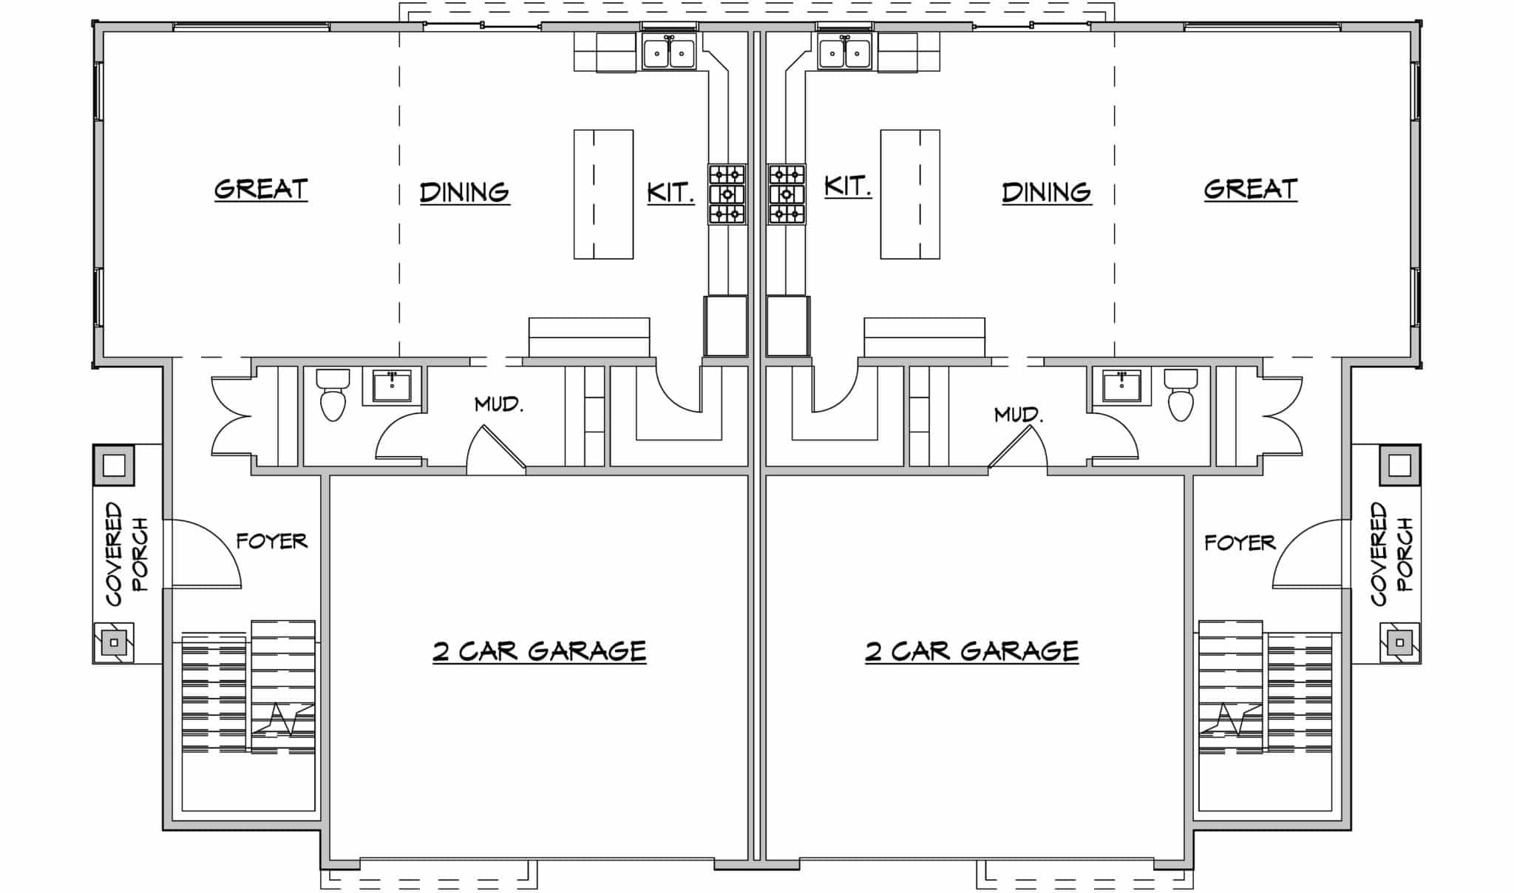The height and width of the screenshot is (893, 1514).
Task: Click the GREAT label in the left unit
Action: coord(261,189)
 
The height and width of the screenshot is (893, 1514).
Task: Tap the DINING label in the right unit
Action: coord(1047,192)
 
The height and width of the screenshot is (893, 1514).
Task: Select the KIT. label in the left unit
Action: coord(671,192)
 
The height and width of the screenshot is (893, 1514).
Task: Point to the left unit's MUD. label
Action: coord(499,404)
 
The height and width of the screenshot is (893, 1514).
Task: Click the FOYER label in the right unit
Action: coord(1240,543)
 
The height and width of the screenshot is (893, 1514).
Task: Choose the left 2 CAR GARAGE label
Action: coord(539,651)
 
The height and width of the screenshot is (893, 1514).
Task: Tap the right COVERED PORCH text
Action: coord(1391,554)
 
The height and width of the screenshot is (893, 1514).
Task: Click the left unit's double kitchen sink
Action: coord(669,52)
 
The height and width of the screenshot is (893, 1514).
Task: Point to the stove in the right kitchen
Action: coord(787,194)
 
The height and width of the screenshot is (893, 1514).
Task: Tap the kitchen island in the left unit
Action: coord(603,194)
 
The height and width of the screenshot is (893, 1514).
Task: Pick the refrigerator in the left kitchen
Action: coord(724,326)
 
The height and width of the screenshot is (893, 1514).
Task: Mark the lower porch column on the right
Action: coord(1399,642)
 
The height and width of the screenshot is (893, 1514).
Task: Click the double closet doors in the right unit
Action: coord(1283,415)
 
